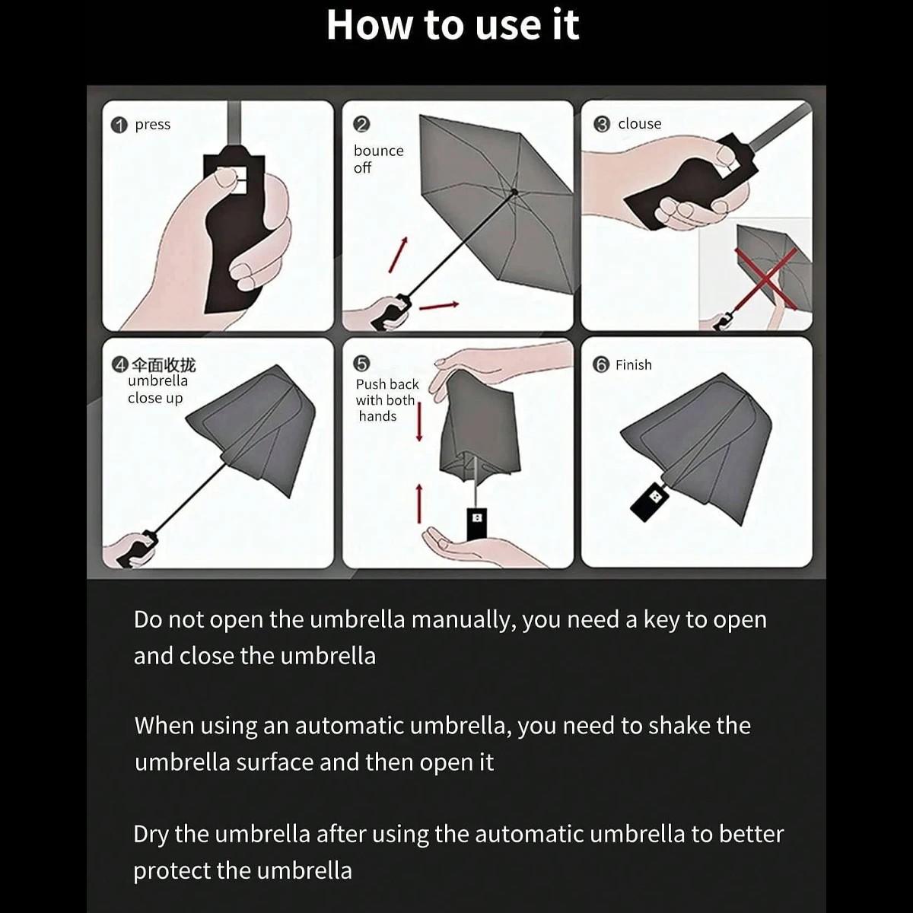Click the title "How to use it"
tap(453, 25)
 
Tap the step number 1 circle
tap(119, 126)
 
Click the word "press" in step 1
tap(152, 125)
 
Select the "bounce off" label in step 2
tap(378, 159)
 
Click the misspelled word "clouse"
tap(639, 124)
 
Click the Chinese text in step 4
tap(164, 364)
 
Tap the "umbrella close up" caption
tap(157, 390)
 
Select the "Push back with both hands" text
tap(387, 400)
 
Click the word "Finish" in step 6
tap(633, 365)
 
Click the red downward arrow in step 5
tap(419, 422)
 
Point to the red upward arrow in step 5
tap(418, 503)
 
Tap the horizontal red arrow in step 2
tap(439, 306)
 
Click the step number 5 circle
tap(362, 364)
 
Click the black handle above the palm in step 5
tap(477, 521)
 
